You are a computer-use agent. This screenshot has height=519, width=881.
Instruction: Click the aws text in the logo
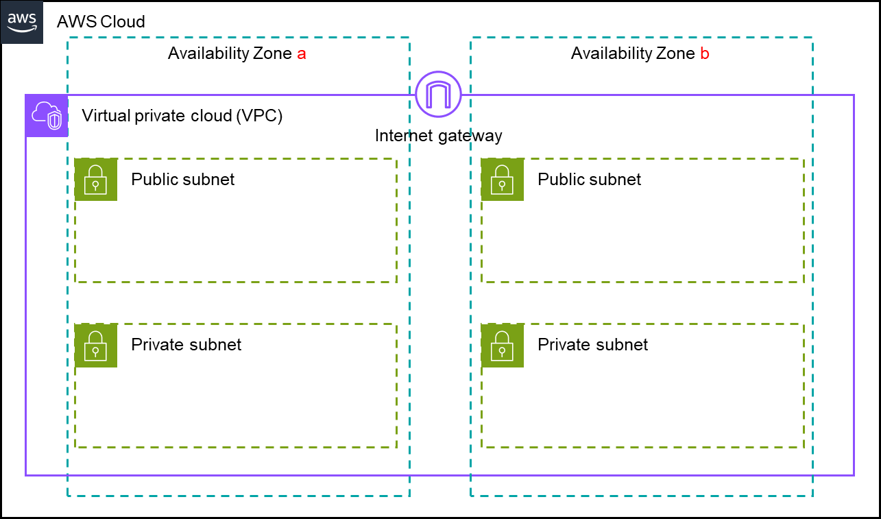22,17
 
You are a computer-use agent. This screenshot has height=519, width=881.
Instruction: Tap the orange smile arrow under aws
22,29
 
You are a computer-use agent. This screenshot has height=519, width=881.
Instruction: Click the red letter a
301,54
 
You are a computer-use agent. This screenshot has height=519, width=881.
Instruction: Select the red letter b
705,54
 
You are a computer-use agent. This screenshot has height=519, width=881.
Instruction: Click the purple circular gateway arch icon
438,94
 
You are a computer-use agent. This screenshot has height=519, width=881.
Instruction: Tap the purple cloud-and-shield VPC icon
47,116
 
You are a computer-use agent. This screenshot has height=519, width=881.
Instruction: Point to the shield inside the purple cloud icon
54,121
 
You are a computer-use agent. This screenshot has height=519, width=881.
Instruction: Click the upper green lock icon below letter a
96,180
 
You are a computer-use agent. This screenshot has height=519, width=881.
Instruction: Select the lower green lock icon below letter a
96,346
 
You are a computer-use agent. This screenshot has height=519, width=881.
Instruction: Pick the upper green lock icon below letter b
503,180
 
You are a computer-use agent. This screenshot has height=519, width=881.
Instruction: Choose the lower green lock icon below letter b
503,346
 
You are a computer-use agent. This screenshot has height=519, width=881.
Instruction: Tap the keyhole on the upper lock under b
503,185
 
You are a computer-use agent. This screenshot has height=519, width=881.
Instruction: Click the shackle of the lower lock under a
96,337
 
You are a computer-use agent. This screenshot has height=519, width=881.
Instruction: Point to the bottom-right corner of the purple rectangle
854,474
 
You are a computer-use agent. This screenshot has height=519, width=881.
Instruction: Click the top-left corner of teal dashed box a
68,38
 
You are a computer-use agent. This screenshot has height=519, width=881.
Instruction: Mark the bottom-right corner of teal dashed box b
812,496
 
